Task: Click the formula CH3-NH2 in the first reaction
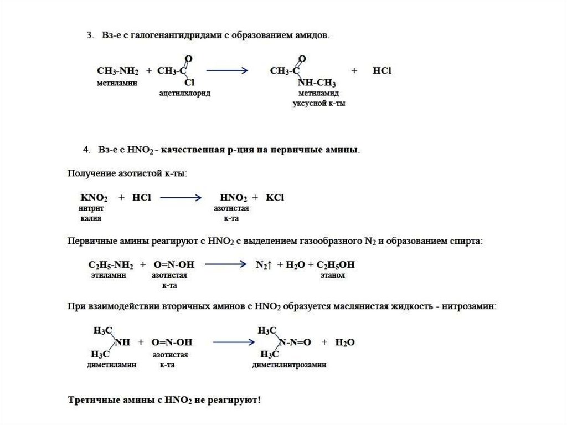(117, 71)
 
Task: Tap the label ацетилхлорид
(184, 94)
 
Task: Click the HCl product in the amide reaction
(383, 71)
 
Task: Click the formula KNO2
(94, 198)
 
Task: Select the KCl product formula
(275, 198)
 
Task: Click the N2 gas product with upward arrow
(263, 265)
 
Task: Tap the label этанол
(332, 275)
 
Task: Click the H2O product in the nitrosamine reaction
(344, 342)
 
